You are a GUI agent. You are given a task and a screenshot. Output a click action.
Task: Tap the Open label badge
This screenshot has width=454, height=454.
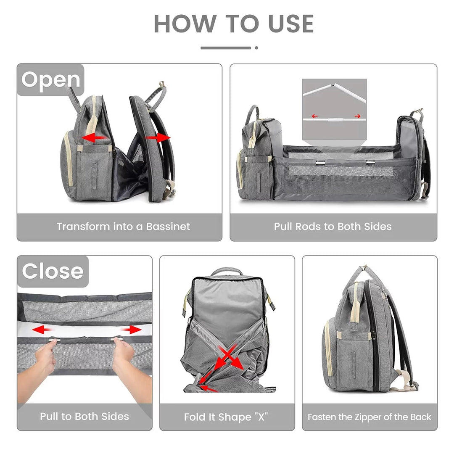click(51, 80)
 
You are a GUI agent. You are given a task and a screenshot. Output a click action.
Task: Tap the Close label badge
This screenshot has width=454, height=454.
click(53, 272)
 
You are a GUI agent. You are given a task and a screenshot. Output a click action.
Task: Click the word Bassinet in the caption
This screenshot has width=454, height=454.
click(168, 227)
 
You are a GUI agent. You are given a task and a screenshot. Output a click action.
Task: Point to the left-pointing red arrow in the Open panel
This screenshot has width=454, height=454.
click(93, 137)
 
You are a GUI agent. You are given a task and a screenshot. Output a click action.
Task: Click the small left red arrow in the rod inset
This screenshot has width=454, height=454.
click(314, 116)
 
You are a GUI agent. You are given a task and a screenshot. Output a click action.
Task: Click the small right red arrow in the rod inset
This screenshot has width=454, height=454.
click(357, 116)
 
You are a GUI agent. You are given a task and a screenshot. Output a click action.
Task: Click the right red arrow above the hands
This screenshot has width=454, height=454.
click(131, 330)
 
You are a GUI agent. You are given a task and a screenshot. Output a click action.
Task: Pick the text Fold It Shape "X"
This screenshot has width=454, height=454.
click(226, 417)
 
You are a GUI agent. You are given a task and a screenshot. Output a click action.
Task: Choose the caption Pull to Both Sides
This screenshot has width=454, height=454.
click(84, 417)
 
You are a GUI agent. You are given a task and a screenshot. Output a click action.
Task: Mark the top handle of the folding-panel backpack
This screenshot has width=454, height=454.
click(227, 271)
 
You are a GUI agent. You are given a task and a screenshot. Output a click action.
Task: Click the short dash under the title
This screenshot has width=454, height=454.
click(226, 48)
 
